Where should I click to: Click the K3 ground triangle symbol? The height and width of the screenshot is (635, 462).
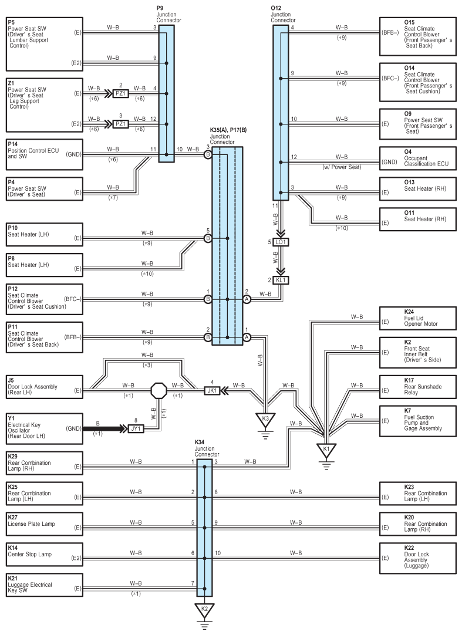(x=265, y=419)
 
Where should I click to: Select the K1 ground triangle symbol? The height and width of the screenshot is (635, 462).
(x=326, y=450)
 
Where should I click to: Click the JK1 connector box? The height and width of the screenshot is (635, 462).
(x=212, y=390)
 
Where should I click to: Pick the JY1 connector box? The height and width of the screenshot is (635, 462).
(x=136, y=428)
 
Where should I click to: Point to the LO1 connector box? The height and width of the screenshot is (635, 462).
(x=281, y=242)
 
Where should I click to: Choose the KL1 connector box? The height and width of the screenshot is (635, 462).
(x=281, y=281)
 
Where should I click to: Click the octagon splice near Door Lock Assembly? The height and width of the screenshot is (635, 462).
(x=159, y=390)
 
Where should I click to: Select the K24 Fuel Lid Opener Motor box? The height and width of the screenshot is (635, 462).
(x=418, y=318)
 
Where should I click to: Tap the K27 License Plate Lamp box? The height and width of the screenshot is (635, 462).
(x=45, y=524)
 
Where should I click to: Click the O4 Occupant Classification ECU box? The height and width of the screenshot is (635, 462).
(x=418, y=158)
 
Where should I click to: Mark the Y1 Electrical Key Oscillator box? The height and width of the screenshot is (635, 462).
(x=45, y=428)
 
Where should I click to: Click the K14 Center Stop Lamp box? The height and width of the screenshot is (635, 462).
(x=45, y=555)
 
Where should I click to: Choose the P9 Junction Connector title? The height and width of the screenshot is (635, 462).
(x=168, y=14)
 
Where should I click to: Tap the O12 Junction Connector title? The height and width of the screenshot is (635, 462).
(x=283, y=14)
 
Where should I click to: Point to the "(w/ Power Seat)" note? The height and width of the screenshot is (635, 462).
(x=342, y=167)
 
